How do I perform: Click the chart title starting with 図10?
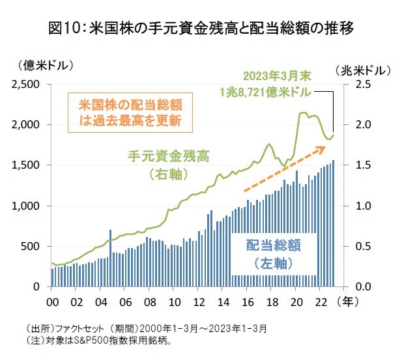tap(201, 29)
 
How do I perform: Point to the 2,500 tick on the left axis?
tap(25, 85)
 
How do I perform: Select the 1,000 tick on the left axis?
tap(25, 206)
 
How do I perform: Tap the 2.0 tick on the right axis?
tap(362, 125)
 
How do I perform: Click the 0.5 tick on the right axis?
tap(362, 246)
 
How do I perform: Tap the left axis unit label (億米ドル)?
tap(40, 65)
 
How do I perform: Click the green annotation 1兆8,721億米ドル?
tap(266, 91)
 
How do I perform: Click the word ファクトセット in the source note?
tap(76, 328)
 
